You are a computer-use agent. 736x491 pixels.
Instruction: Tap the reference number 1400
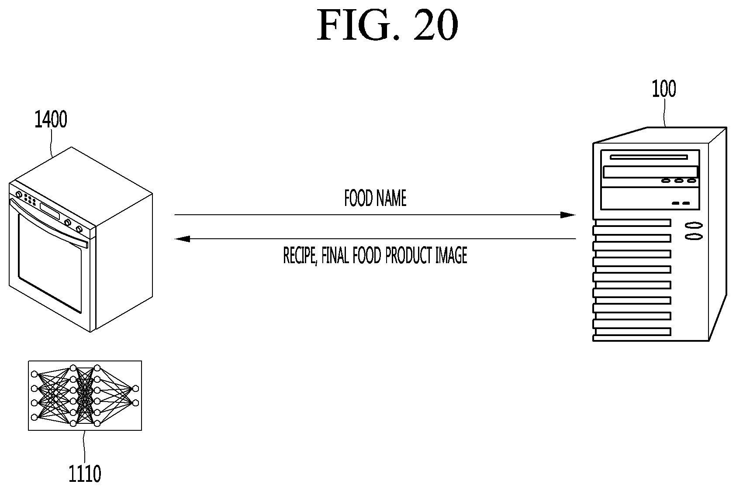point(51,119)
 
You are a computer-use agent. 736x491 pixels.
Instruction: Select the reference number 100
point(664,89)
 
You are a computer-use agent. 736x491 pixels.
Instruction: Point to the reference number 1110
point(85,474)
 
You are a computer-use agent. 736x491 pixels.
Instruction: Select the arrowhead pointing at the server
point(568,215)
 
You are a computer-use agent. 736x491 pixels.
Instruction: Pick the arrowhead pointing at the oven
point(182,239)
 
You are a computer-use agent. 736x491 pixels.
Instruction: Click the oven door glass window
point(49,263)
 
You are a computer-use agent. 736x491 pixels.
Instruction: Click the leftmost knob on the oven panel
point(19,195)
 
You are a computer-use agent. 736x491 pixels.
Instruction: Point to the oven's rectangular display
point(50,211)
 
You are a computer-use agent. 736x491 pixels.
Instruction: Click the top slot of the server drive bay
point(649,157)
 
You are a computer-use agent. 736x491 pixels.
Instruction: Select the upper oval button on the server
point(694,226)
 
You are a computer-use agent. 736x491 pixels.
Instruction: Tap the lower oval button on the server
point(694,237)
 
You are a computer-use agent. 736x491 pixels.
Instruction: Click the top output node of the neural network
point(135,388)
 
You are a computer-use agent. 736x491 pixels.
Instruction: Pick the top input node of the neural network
point(34,374)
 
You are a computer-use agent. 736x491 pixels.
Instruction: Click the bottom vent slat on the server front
point(632,332)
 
